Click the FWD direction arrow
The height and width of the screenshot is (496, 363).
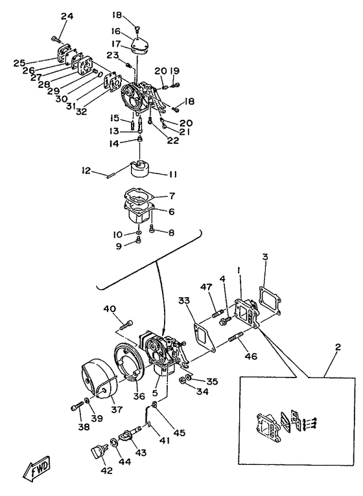[36, 468]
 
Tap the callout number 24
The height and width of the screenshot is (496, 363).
[67, 16]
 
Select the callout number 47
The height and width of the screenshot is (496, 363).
[207, 287]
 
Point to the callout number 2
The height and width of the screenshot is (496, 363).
[338, 347]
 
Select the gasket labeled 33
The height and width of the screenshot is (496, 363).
[204, 336]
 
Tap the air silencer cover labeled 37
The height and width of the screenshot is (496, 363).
[99, 379]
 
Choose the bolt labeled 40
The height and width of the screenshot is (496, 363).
[126, 325]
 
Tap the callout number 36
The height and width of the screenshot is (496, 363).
[139, 396]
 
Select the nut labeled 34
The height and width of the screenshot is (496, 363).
[183, 380]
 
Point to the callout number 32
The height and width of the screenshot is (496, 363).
[82, 111]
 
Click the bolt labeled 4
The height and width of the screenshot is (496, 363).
[224, 321]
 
